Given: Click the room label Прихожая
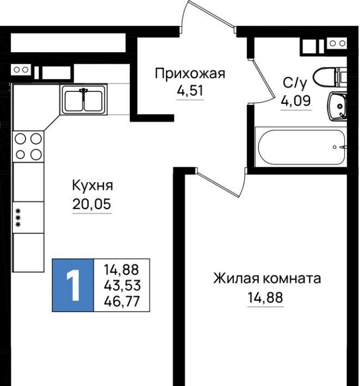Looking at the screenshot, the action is (190, 73).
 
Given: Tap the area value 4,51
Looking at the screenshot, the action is (190, 91).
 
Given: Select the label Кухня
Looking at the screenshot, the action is (92, 185).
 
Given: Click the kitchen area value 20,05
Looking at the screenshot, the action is (91, 204).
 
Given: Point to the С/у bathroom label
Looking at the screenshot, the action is (295, 83).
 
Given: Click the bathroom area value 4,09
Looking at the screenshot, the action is (296, 101).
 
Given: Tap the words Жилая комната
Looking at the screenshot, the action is (267, 279).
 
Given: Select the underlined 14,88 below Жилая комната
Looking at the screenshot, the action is (265, 297).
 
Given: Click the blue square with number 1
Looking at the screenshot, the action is (73, 285).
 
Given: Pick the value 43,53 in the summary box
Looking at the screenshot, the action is (122, 285).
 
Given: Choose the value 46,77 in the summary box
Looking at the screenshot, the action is (122, 301).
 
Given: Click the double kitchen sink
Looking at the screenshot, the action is (84, 99).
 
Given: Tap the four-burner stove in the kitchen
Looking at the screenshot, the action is (28, 147).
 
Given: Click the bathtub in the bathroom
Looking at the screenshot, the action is (301, 147).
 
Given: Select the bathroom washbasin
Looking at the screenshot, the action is (337, 106).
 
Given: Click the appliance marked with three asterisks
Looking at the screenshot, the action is (28, 217).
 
